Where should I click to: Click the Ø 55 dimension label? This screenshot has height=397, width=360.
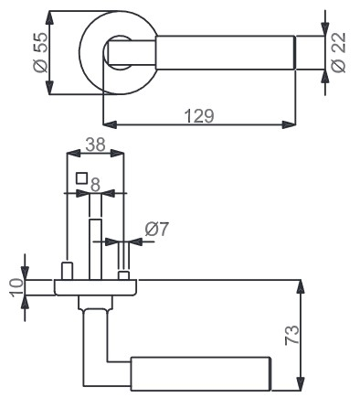click(x=40, y=52)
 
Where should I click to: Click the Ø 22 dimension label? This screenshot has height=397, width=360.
click(x=339, y=52)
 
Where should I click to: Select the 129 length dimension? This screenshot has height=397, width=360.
click(x=199, y=116)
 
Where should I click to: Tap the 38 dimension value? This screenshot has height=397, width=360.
click(x=95, y=145)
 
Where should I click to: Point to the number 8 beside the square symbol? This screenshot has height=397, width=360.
click(x=95, y=185)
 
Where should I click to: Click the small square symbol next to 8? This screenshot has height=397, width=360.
click(x=82, y=178)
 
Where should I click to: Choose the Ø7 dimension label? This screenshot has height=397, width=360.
click(x=156, y=229)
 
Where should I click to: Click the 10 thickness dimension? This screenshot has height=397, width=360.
click(x=17, y=287)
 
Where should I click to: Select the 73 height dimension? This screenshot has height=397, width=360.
click(x=292, y=335)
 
